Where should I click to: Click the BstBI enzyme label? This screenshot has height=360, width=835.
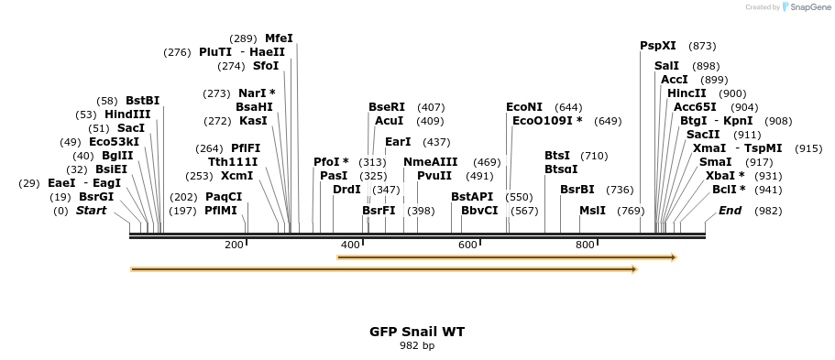coord(142,101)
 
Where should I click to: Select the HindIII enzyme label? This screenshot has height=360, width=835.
coord(127,115)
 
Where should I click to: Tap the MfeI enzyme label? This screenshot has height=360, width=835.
coord(279,38)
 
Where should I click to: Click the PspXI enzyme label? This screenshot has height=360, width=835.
coord(657,46)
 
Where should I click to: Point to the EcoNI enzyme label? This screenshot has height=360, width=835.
coord(524,107)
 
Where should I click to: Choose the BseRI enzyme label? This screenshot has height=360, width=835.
coord(386,107)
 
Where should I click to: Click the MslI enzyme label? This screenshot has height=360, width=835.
coord(592,211)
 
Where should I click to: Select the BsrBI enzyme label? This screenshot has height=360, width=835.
coord(577,190)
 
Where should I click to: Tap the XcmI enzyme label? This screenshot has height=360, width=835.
coord(236,176)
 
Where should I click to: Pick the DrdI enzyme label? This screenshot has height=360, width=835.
coord(346,190)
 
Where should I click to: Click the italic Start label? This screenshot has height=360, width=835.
coord(91,211)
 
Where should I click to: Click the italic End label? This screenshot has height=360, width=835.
coord(730,211)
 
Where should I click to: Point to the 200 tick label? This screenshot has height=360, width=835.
coord(234,245)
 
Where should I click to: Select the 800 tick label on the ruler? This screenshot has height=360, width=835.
coord(585,245)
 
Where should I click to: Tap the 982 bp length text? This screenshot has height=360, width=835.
coord(417,346)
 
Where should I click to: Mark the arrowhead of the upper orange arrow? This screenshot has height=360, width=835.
coord(673,257)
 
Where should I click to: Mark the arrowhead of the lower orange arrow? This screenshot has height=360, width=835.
coord(633,269)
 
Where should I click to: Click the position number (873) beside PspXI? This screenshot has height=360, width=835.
coord(702,46)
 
